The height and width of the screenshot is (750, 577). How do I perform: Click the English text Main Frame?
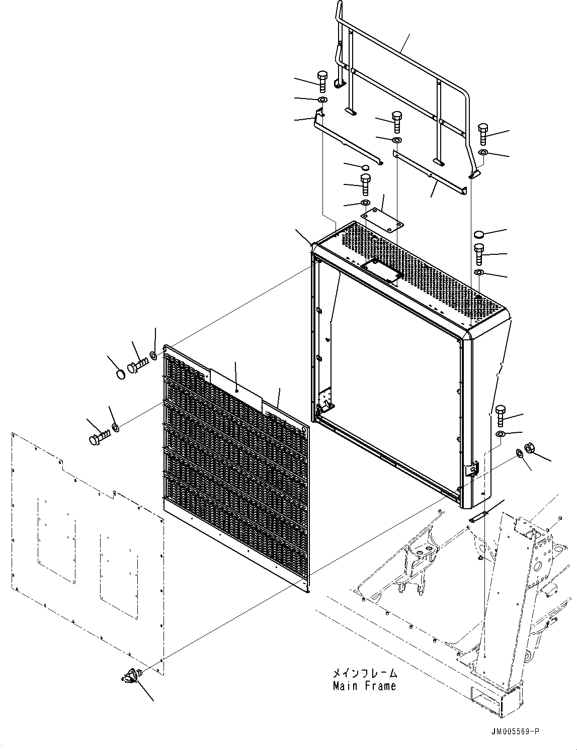[364, 686]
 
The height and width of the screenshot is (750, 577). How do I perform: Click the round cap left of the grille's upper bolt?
[120, 374]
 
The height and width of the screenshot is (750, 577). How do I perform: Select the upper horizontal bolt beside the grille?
[137, 367]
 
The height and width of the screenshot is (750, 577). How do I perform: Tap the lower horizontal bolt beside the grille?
[99, 439]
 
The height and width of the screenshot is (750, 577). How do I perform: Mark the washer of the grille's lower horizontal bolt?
[115, 428]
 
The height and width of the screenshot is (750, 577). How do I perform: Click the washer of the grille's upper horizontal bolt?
[153, 356]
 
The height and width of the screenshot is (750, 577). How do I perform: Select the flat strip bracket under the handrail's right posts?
[430, 174]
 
